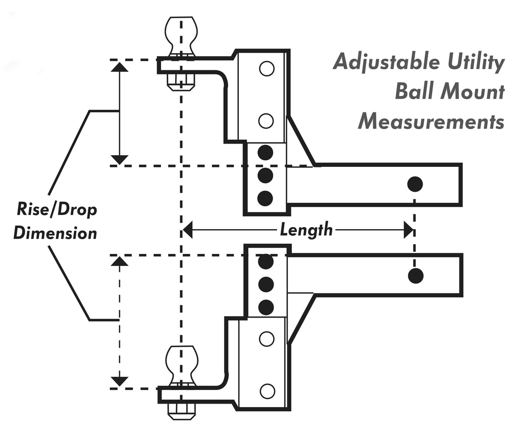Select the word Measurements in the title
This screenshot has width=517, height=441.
pyautogui.click(x=431, y=121)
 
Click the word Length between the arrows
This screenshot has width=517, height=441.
pyautogui.click(x=306, y=230)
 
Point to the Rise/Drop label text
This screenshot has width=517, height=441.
pyautogui.click(x=57, y=210)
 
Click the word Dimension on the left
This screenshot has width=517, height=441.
pyautogui.click(x=55, y=233)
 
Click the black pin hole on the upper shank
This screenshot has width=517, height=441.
pyautogui.click(x=415, y=184)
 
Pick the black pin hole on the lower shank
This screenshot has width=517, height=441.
pyautogui.click(x=416, y=276)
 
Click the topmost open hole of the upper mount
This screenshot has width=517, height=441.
pyautogui.click(x=267, y=69)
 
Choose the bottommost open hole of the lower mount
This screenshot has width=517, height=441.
pyautogui.click(x=267, y=391)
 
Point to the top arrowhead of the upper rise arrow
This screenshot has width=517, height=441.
pyautogui.click(x=119, y=66)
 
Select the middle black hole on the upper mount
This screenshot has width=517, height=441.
pyautogui.click(x=265, y=175)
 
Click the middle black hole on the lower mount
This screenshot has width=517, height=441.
pyautogui.click(x=266, y=284)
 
